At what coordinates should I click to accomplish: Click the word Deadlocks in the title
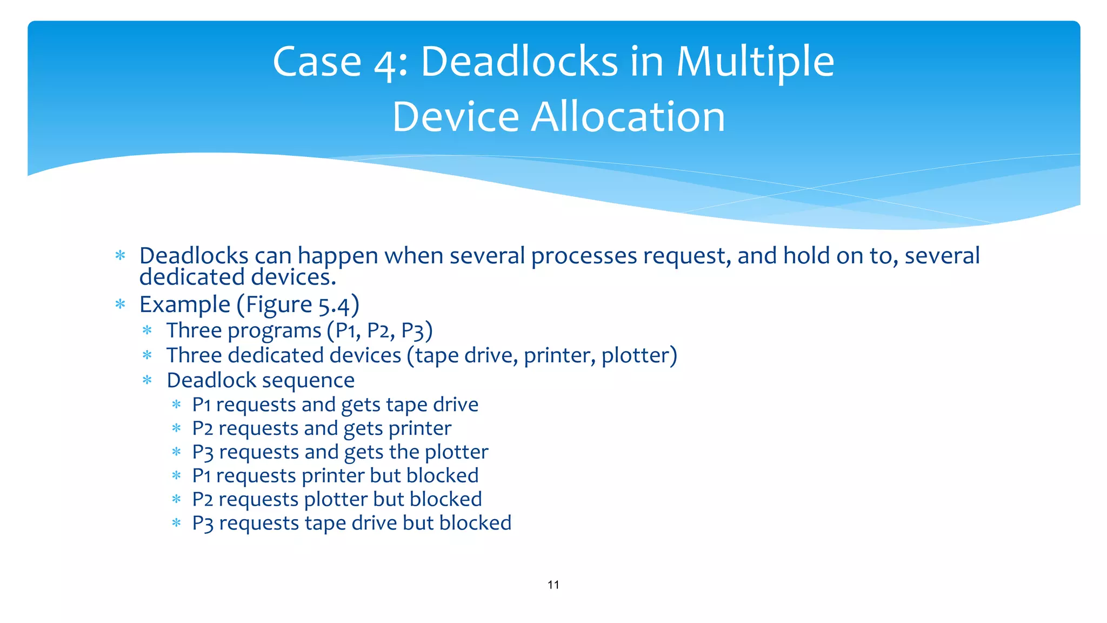click(519, 62)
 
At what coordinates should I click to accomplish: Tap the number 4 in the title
click(385, 64)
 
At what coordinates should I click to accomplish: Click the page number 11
click(553, 585)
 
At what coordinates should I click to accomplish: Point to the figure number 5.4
click(334, 306)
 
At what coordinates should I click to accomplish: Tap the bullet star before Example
click(120, 304)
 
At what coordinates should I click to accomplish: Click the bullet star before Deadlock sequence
click(147, 380)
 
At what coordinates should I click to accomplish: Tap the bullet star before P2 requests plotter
click(176, 499)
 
